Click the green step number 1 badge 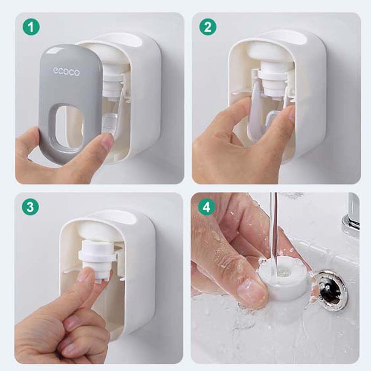click(31, 27)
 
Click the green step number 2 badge click(207, 27)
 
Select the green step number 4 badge click(207, 207)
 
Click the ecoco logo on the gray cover click(66, 72)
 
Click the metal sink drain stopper click(332, 291)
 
